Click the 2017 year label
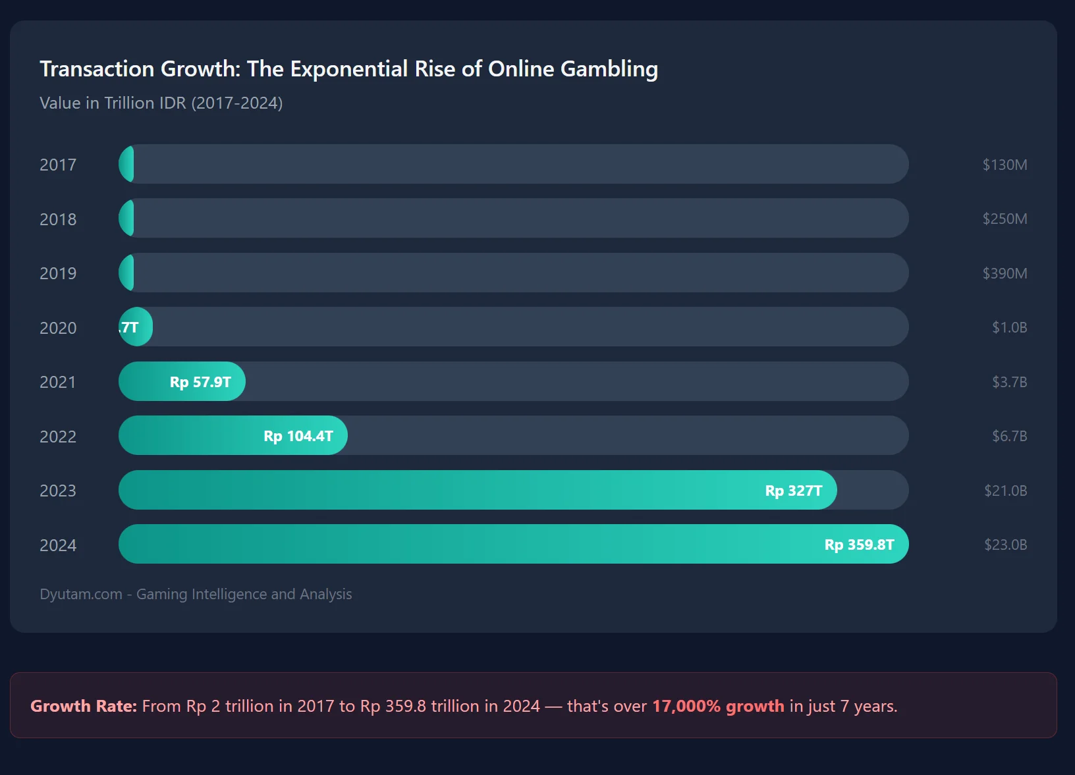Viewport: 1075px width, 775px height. tap(58, 165)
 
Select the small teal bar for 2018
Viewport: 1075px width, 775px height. tap(127, 219)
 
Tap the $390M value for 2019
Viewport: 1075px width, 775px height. tap(1005, 273)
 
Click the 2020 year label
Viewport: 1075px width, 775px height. tap(58, 328)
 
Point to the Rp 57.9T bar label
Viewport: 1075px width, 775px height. tap(200, 382)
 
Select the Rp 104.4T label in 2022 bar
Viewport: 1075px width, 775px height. tap(298, 436)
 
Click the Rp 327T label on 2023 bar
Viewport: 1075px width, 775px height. tap(793, 491)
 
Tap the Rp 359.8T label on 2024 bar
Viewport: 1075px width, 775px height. tap(859, 545)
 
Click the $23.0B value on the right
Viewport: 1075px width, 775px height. tap(1005, 545)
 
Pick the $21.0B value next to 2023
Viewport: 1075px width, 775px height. tap(1005, 491)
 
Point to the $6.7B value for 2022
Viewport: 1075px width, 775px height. tap(1009, 436)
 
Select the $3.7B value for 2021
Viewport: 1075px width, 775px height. tap(1009, 382)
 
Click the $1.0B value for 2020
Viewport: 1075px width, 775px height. tap(1009, 327)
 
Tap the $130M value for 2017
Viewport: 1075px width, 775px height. tap(1005, 165)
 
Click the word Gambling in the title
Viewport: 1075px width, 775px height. tap(609, 69)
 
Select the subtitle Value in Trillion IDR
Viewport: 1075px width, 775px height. tap(161, 103)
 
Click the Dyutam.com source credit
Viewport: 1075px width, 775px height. tap(196, 594)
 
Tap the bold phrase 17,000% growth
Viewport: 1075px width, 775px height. tap(718, 706)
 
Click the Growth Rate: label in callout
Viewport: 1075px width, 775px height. tap(84, 706)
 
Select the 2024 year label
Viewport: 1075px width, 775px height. tap(58, 545)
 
